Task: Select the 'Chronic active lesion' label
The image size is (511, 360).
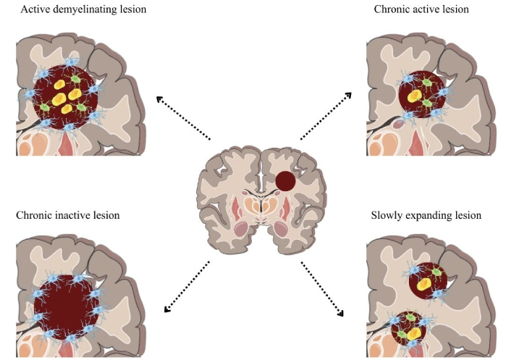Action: (x=421, y=10)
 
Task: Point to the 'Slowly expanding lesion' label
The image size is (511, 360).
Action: (x=426, y=215)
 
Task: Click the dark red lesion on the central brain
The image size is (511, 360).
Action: (x=285, y=180)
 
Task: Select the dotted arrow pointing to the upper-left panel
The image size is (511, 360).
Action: (x=182, y=117)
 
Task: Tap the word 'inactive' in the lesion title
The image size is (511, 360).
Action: (x=76, y=215)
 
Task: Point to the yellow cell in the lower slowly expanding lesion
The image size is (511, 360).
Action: (x=414, y=333)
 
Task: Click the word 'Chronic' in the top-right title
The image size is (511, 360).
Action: (x=392, y=10)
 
